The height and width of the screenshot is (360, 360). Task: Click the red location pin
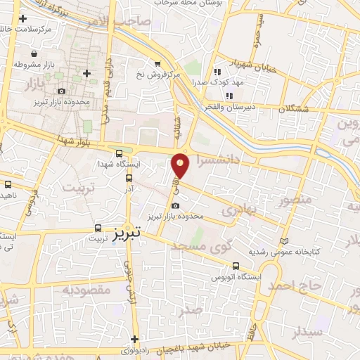[181, 167]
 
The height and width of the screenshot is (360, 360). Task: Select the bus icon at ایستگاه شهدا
[118, 153]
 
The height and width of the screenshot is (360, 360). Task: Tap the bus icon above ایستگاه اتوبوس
[236, 266]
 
